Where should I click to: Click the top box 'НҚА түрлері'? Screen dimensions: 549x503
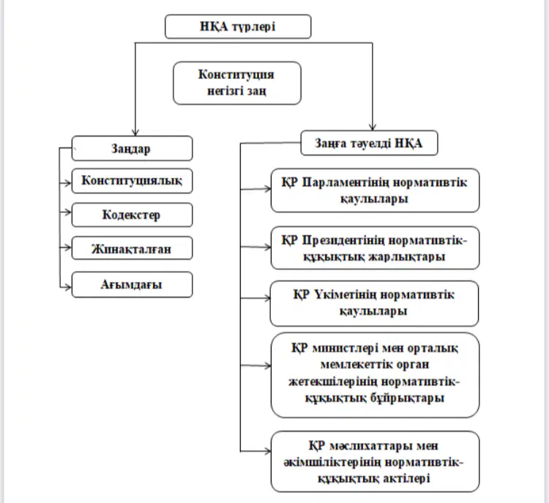pyautogui.click(x=238, y=26)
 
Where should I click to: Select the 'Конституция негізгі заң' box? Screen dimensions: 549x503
pyautogui.click(x=237, y=83)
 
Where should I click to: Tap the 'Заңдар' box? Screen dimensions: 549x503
pyautogui.click(x=132, y=149)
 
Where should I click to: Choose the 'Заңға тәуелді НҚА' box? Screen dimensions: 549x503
pyautogui.click(x=370, y=143)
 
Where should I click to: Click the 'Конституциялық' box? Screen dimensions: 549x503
pyautogui.click(x=132, y=181)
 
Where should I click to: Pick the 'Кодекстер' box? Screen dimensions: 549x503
pyautogui.click(x=132, y=215)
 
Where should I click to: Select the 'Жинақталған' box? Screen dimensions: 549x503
pyautogui.click(x=132, y=248)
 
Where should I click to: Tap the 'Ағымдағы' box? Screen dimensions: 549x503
pyautogui.click(x=132, y=284)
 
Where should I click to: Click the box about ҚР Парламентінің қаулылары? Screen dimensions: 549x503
pyautogui.click(x=375, y=190)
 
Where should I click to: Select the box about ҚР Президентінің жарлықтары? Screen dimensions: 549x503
pyautogui.click(x=375, y=248)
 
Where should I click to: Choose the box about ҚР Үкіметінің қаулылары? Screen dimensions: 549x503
pyautogui.click(x=374, y=303)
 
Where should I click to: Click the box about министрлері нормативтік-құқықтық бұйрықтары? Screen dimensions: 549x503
pyautogui.click(x=375, y=375)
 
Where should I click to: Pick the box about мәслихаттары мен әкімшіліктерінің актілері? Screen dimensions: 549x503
pyautogui.click(x=375, y=462)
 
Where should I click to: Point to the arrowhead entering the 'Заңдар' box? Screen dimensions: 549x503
pyautogui.click(x=135, y=133)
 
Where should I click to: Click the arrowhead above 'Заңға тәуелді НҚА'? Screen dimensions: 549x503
pyautogui.click(x=373, y=127)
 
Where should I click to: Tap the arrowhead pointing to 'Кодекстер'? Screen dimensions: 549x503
pyautogui.click(x=68, y=212)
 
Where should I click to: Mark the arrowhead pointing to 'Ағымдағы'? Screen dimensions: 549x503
pyautogui.click(x=68, y=287)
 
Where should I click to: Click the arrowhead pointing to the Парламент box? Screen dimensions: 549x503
pyautogui.click(x=267, y=189)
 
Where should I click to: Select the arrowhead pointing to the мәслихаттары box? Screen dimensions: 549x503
pyautogui.click(x=267, y=451)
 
